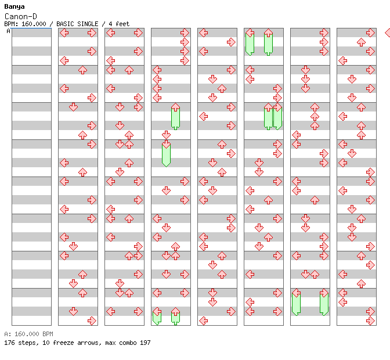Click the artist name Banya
[x=15, y=7]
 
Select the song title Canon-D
[x=21, y=16]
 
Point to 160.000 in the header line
[x=34, y=24]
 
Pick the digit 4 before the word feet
[x=110, y=24]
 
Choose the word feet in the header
[x=122, y=24]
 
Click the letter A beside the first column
[x=9, y=31]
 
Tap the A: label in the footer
[x=8, y=334]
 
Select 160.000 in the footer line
[x=27, y=334]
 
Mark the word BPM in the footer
[x=48, y=334]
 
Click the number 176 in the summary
[x=9, y=343]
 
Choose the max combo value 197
[x=145, y=343]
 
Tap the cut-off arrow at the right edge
[x=388, y=33]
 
